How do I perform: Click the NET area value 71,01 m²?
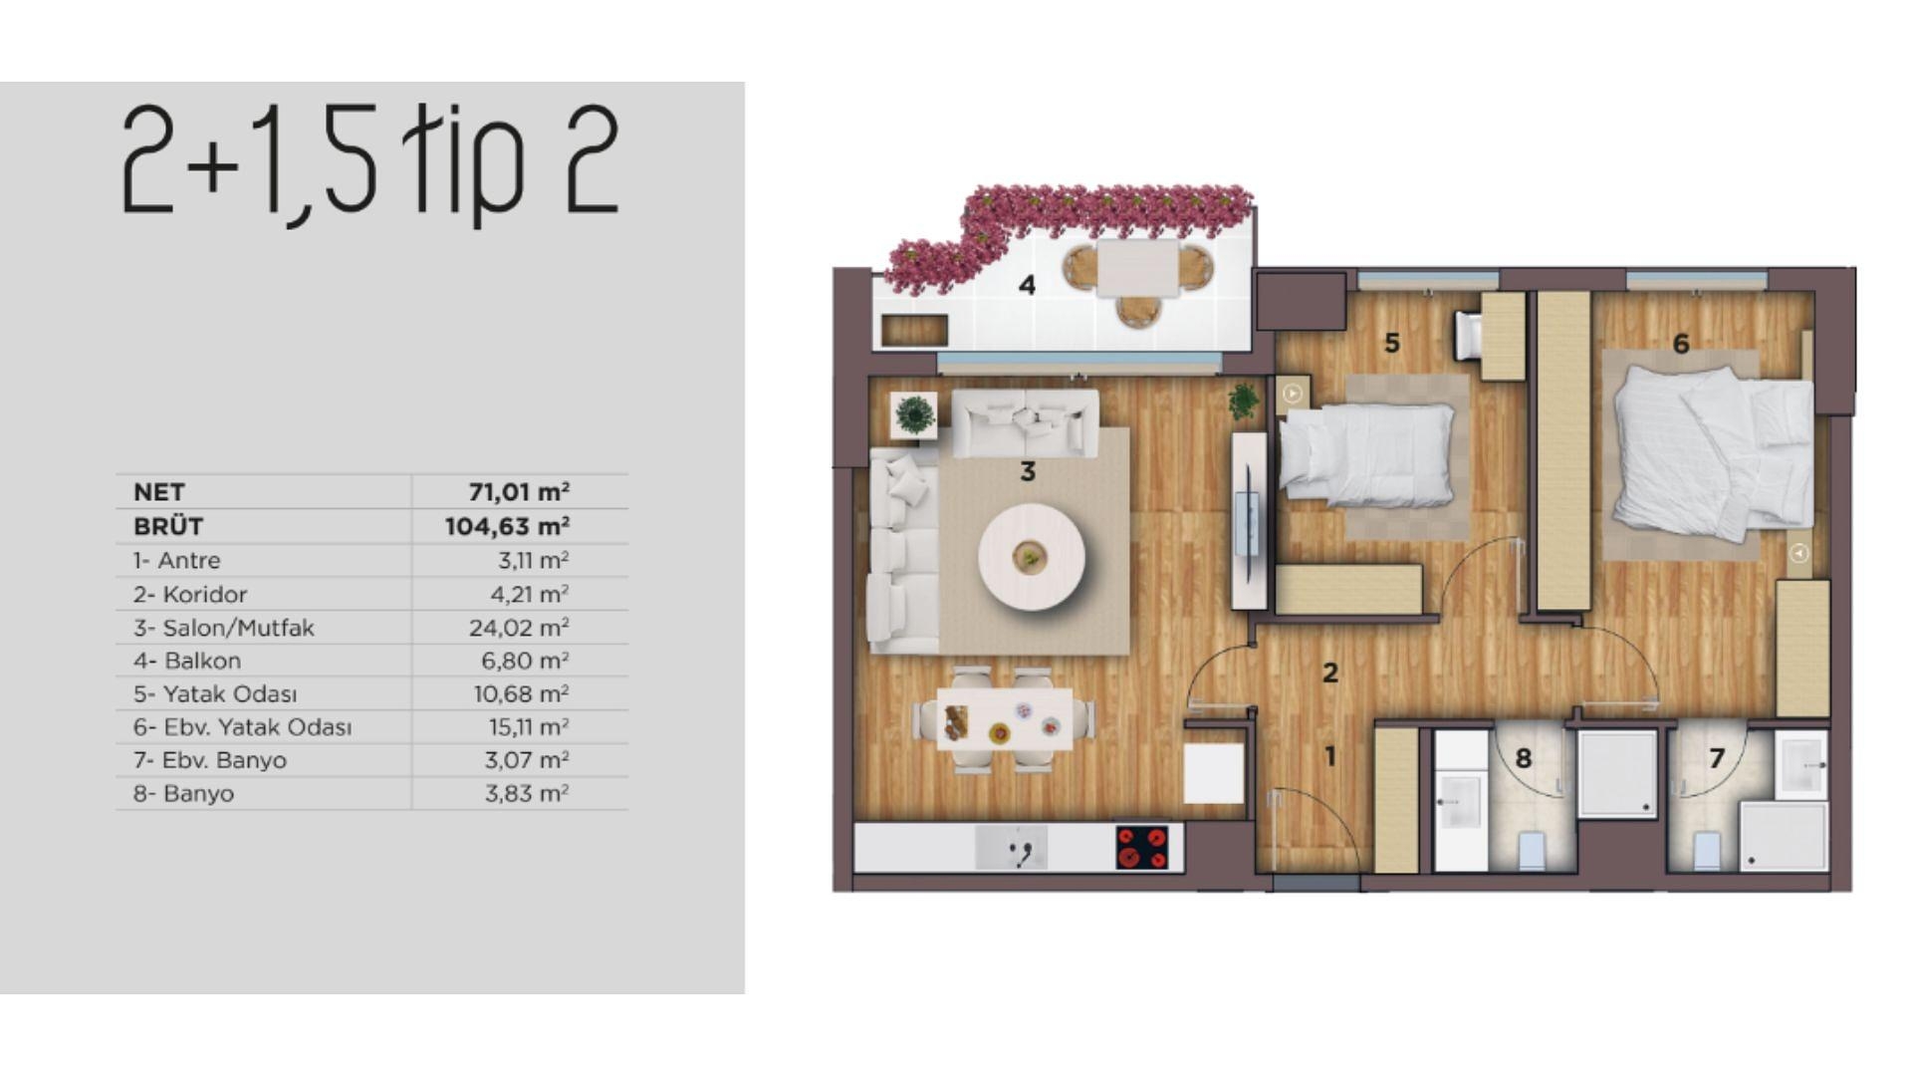coord(518,492)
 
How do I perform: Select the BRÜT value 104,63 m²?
coord(507,526)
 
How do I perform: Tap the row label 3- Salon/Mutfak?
coord(223,628)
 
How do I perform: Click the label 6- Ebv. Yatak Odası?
coord(242,727)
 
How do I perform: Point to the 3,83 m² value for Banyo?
coord(526,794)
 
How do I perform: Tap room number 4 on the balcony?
coord(1027,286)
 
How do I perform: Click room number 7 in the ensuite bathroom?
coord(1716,759)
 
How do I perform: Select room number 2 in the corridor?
coord(1329,673)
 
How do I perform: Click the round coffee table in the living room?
coord(1031,556)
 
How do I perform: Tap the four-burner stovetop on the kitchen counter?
coord(1142,848)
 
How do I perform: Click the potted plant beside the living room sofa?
coord(914,413)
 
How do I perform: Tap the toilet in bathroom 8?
coord(1531,850)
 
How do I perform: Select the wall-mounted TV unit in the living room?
coord(1249,520)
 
